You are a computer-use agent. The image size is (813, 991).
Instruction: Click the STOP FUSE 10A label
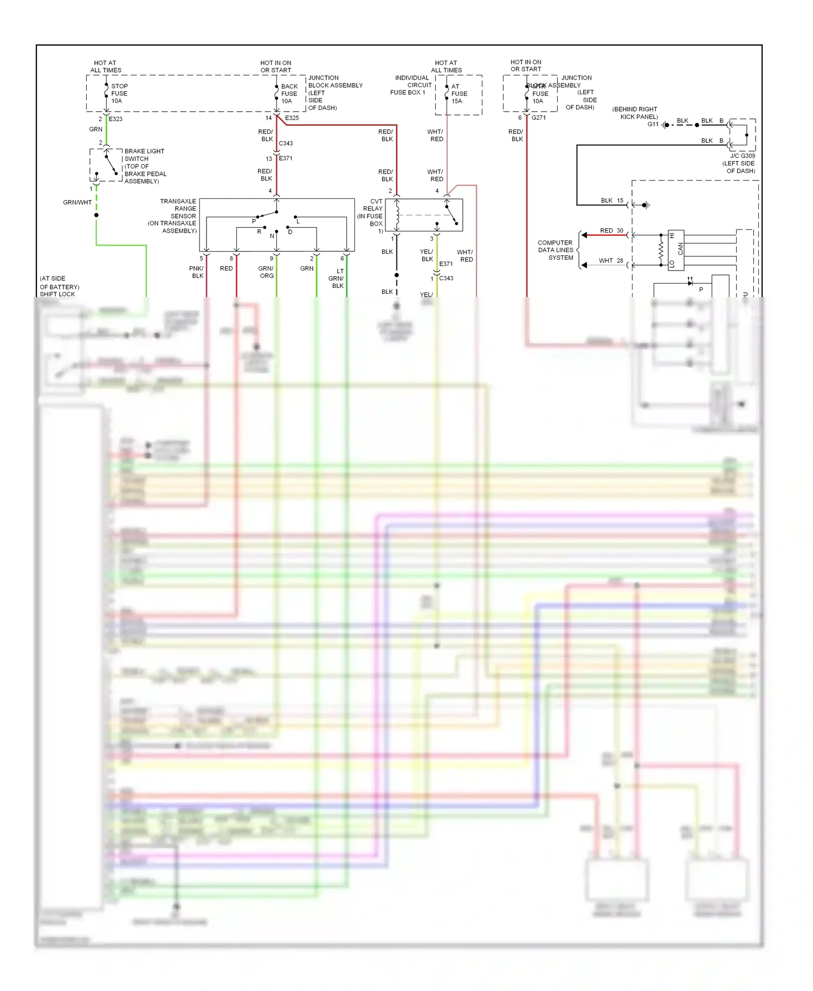[119, 93]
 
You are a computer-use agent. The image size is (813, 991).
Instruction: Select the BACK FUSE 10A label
[289, 94]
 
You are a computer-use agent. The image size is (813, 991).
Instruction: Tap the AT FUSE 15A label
[459, 93]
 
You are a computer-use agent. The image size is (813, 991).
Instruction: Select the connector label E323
[115, 119]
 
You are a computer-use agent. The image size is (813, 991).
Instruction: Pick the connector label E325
[292, 118]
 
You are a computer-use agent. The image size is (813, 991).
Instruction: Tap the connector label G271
[538, 118]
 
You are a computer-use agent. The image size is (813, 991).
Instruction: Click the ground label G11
[653, 124]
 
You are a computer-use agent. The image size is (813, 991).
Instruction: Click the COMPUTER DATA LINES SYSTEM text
[556, 250]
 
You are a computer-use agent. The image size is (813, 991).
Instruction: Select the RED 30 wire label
[611, 230]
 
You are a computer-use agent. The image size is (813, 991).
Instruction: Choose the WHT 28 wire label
[611, 260]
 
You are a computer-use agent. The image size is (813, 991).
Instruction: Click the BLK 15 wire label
[612, 200]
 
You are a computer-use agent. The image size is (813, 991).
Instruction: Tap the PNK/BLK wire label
[197, 272]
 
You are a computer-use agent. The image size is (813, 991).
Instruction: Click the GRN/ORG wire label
[266, 272]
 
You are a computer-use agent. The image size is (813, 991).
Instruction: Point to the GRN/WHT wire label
[77, 202]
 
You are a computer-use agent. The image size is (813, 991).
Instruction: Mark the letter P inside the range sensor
[254, 221]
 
